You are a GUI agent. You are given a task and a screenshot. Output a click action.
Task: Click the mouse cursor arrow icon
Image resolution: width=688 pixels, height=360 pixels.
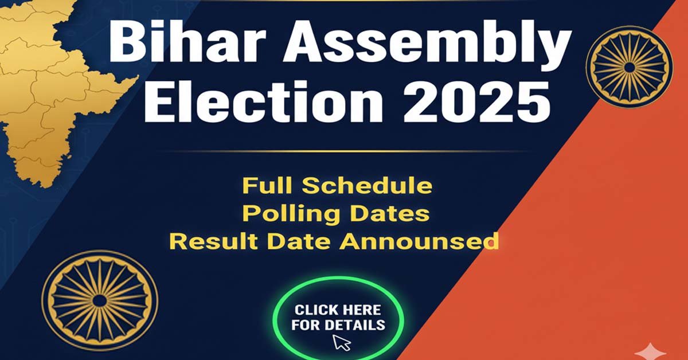coord(342,343)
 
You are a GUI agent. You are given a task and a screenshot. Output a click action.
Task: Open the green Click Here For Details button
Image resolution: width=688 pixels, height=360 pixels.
coord(338,319)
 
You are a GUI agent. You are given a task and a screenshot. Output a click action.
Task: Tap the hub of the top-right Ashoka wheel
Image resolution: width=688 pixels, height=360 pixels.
coord(629,67)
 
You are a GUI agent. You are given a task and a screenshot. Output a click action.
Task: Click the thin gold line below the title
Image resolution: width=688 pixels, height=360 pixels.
coord(344,151)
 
